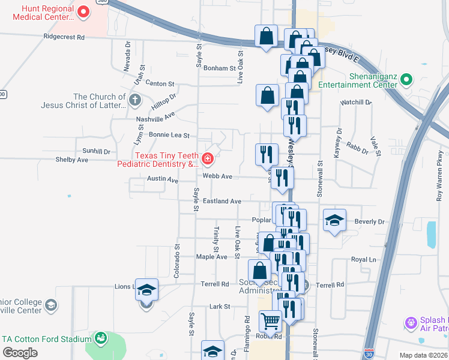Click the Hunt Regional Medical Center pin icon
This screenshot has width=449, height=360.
[83, 11]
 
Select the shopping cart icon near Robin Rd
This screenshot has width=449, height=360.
[271, 322]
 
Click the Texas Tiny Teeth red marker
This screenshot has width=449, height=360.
[207, 159]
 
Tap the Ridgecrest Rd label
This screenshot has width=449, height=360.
[64, 37]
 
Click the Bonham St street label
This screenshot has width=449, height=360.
[219, 68]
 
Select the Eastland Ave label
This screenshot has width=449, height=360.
[221, 202]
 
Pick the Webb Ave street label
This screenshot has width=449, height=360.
[217, 176]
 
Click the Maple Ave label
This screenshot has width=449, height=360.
[212, 257]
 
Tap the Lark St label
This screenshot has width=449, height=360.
[220, 307]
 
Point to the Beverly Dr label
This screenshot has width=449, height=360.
[369, 221]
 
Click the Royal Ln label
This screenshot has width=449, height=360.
[363, 260]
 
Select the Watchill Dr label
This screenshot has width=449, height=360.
[356, 103]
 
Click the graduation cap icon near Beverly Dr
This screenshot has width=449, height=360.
[334, 220]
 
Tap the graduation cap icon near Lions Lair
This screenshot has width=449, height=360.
[146, 290]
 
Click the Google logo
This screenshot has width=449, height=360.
[20, 353]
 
